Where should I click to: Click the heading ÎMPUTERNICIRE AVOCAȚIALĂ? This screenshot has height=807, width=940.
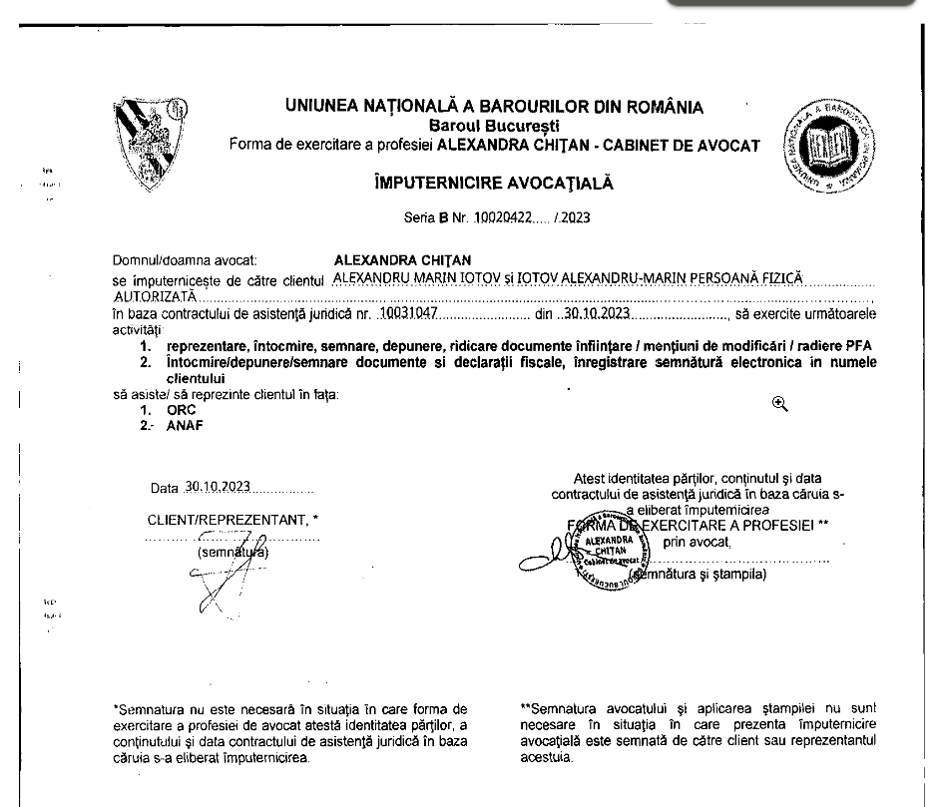(x=493, y=183)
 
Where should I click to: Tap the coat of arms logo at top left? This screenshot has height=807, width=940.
(x=149, y=145)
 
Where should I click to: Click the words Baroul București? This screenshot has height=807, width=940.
(x=494, y=125)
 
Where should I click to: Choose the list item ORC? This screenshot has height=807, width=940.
(x=181, y=409)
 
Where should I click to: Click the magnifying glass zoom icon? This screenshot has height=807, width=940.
(x=779, y=403)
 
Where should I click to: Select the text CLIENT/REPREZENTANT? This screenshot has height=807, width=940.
(x=226, y=520)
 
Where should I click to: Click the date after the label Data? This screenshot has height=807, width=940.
(x=218, y=488)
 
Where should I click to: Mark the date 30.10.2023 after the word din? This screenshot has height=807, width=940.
(x=596, y=313)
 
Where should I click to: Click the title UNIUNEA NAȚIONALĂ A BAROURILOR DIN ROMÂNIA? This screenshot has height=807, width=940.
(x=493, y=107)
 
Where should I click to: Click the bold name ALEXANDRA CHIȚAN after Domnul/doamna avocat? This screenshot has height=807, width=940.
(x=389, y=259)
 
